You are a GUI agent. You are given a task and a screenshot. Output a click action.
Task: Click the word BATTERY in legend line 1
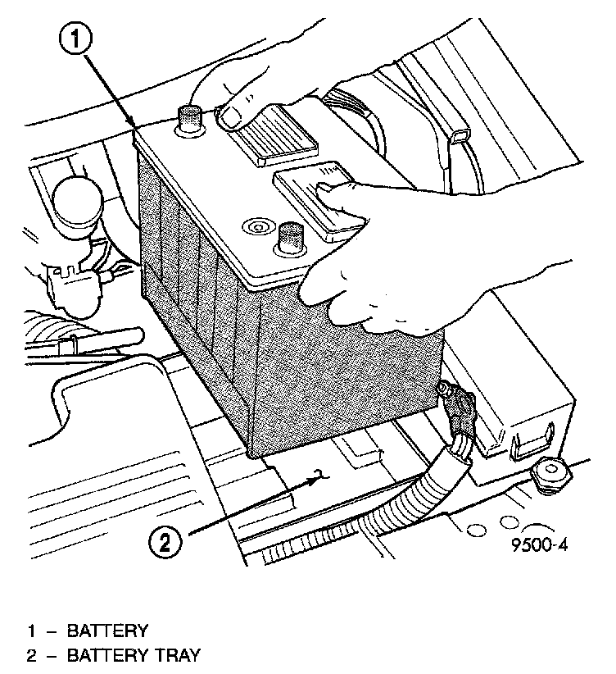pos(107,631)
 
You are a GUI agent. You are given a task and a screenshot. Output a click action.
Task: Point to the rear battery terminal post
pos(190,120)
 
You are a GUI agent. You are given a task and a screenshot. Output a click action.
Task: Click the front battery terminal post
pos(289,239)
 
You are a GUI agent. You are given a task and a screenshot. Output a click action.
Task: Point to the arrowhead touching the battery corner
pos(133,126)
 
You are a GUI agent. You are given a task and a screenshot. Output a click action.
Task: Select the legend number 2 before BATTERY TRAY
pos(33,655)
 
